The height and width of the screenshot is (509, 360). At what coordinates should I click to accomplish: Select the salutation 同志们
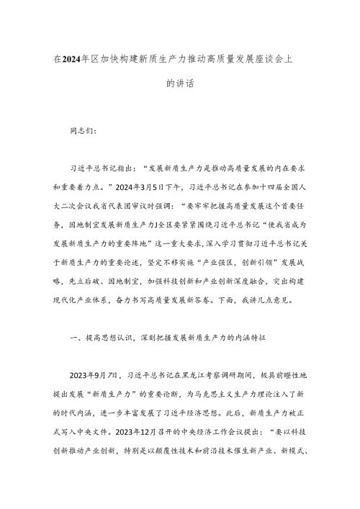coord(91,132)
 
